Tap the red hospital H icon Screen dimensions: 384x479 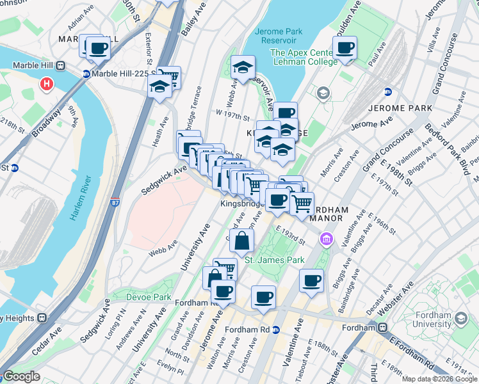[x=46, y=83]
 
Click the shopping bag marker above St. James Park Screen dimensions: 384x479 [x=242, y=241]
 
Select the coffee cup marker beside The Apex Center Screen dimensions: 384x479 [x=345, y=47]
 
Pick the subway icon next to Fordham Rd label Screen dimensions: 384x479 [x=275, y=330]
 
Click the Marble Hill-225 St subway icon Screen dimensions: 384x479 [x=85, y=74]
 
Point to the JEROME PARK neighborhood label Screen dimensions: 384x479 [x=402, y=108]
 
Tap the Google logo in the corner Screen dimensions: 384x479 [x=20, y=377]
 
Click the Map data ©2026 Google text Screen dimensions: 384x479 [x=439, y=379]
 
